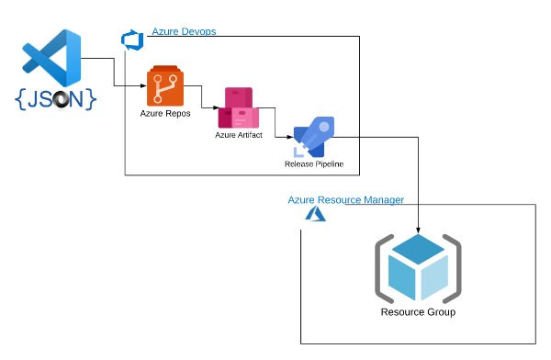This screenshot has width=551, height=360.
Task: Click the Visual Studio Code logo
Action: click(x=52, y=58)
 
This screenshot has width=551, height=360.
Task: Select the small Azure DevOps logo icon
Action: click(x=129, y=39)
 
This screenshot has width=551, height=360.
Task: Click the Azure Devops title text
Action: click(x=184, y=32)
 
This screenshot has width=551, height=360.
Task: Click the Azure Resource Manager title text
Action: click(x=345, y=199)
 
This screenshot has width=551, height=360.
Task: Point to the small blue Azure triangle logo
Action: click(x=315, y=213)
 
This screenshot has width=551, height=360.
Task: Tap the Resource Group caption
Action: click(x=418, y=312)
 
